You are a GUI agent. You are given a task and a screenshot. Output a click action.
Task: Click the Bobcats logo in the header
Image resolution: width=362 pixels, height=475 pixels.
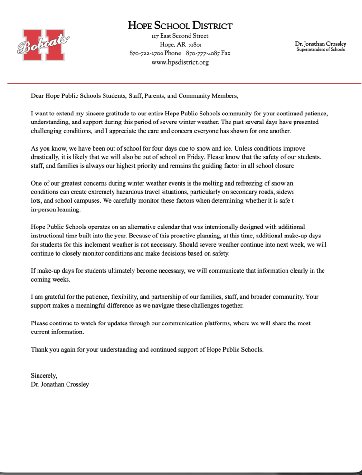[43, 45]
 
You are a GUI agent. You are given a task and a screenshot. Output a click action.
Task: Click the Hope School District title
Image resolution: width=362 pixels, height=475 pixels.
[180, 26]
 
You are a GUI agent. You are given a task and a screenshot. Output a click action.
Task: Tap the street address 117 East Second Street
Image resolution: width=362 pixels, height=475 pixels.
[180, 36]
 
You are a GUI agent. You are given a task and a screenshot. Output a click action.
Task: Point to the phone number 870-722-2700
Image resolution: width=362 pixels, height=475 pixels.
[146, 53]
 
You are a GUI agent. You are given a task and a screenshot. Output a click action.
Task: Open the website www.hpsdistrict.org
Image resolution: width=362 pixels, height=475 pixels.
[180, 62]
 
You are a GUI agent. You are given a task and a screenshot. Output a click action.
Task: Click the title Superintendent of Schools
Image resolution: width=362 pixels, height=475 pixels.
[321, 49]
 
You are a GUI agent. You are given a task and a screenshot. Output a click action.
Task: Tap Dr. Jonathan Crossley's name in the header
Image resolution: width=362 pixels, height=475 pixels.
[321, 44]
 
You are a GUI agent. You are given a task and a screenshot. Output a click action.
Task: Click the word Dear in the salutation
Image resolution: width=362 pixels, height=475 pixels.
[38, 96]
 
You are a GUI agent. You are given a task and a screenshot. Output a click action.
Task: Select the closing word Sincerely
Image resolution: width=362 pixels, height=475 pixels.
[44, 375]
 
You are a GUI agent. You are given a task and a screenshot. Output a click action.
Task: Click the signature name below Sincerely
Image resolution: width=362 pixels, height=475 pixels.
[60, 384]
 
